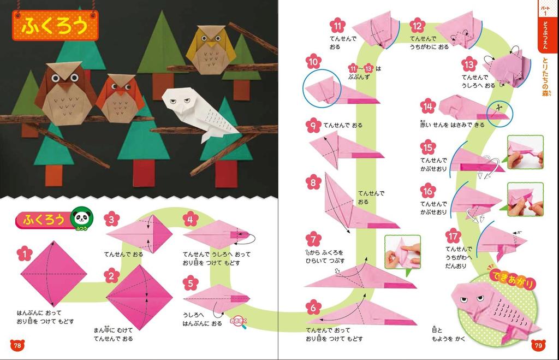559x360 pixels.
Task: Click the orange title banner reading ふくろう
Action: coord(55,26)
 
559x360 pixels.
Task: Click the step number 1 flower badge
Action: coord(25,254)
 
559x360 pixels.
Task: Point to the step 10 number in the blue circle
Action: coord(313,62)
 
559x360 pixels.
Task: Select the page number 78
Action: coord(17,345)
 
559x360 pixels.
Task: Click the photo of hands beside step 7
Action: coord(402,252)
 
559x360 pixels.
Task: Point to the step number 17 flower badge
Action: coord(453,236)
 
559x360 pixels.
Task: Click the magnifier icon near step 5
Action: coord(239,321)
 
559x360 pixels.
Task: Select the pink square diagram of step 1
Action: coord(53,273)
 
